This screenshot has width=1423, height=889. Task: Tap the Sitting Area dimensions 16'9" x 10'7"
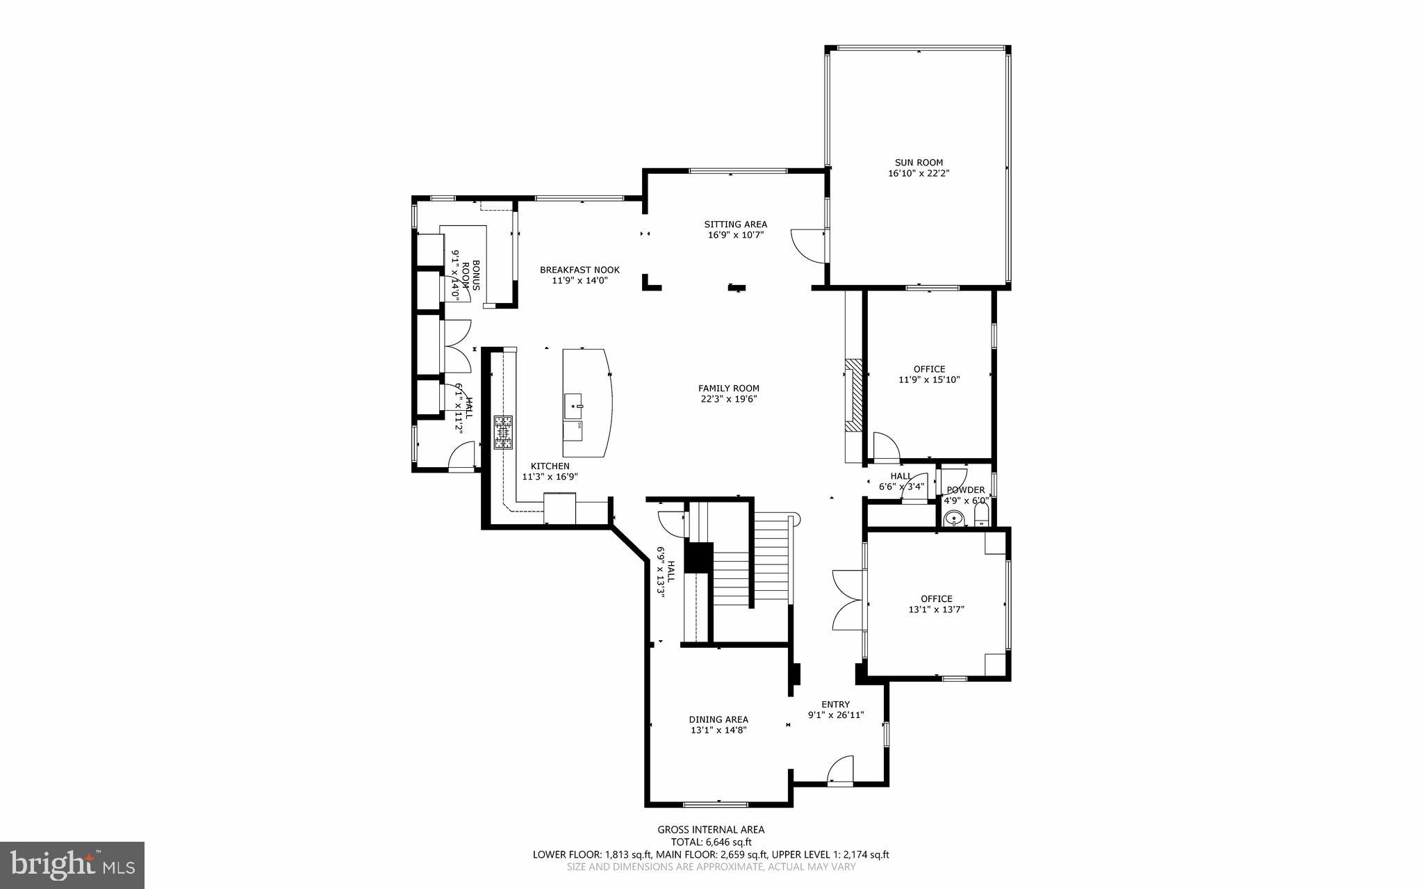pos(735,235)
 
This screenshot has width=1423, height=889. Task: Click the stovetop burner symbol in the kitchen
pos(503,432)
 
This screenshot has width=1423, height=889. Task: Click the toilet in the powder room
pos(981,515)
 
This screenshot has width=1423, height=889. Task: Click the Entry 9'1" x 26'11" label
pos(835,709)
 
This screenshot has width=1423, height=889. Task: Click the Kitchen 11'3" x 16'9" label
pos(550,471)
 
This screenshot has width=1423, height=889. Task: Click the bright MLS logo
pos(72,865)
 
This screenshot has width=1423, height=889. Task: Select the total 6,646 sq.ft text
pos(711,842)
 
